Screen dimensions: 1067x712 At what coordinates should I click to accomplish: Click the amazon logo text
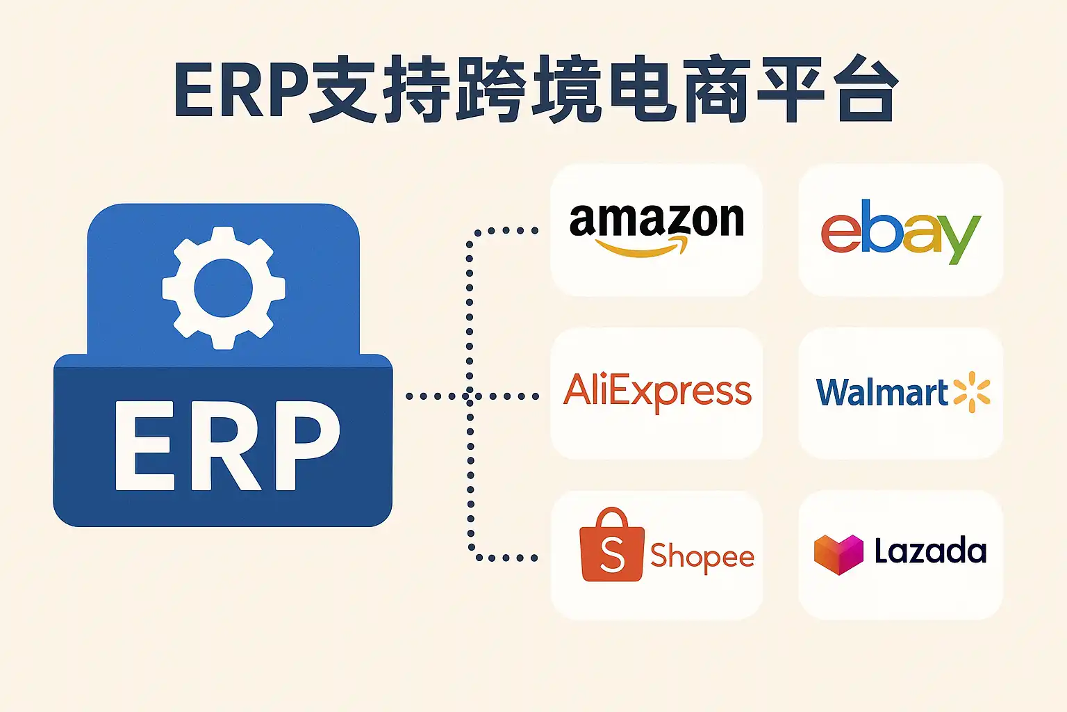click(x=656, y=220)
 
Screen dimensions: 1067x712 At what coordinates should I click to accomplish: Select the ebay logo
click(x=901, y=232)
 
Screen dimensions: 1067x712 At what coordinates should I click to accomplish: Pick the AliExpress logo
click(x=657, y=392)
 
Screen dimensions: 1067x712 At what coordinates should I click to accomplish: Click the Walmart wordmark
click(x=882, y=392)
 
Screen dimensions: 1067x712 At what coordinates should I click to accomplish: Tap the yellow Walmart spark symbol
click(x=972, y=392)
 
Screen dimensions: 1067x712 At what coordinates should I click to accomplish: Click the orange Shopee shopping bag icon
click(x=611, y=544)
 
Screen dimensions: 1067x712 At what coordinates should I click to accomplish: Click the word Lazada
click(x=930, y=550)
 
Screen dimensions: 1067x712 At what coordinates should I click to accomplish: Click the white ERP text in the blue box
click(x=228, y=446)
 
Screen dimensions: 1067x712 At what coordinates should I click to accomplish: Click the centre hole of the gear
click(x=224, y=288)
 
